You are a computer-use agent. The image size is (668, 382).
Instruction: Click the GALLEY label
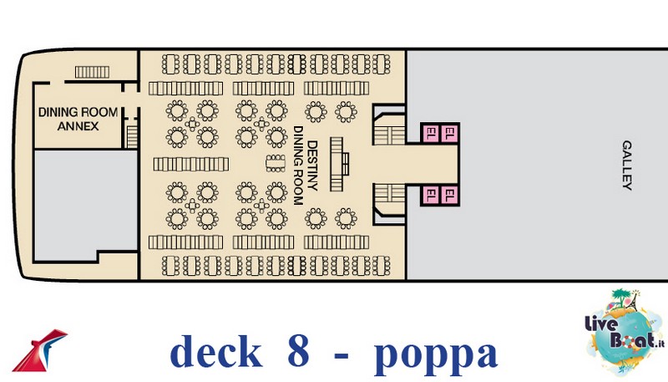(x=628, y=165)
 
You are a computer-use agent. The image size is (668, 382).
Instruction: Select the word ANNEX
(x=78, y=126)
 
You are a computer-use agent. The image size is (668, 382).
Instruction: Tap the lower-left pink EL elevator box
(x=430, y=196)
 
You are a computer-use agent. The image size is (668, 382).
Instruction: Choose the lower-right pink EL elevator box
(x=449, y=196)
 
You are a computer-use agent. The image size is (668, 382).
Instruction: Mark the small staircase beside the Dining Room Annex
(x=130, y=135)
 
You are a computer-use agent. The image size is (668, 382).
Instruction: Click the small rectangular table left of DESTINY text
(x=274, y=161)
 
